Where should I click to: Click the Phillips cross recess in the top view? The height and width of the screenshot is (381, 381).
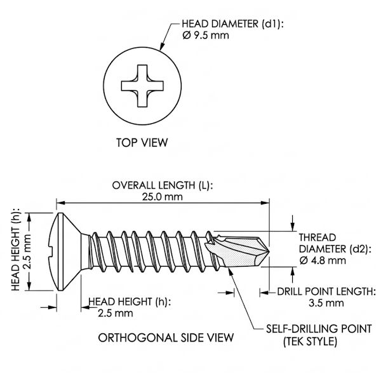pos(142,86)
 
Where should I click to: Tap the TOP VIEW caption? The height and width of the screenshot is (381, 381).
pos(142,143)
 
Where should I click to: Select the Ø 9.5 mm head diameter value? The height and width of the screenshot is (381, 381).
pos(206,36)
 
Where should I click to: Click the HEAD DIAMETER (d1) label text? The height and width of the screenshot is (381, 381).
pos(233,24)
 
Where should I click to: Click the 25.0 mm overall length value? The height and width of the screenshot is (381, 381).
pos(163,196)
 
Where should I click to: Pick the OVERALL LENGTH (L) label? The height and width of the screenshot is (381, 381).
pos(163,185)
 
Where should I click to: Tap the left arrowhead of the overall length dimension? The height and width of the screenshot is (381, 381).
pos(61,203)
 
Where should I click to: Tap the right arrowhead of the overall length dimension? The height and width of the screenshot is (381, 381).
pos(265,203)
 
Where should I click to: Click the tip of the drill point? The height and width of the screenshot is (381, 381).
pos(269,250)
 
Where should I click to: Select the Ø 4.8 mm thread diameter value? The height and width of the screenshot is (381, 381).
pos(323,260)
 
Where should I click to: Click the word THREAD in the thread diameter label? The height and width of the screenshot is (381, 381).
pos(317,237)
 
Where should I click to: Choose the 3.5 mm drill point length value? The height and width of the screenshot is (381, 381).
pos(326,303)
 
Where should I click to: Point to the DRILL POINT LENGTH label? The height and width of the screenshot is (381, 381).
pos(326,291)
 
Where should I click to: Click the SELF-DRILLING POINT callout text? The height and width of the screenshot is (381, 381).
pos(319,329)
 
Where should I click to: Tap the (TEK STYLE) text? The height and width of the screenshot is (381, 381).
pos(311,342)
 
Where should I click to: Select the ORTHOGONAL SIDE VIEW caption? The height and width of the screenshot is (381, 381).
pos(166,338)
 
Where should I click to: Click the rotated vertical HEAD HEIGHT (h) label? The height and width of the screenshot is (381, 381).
pos(15,250)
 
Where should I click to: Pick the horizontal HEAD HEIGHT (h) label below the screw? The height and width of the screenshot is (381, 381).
pos(130,302)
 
